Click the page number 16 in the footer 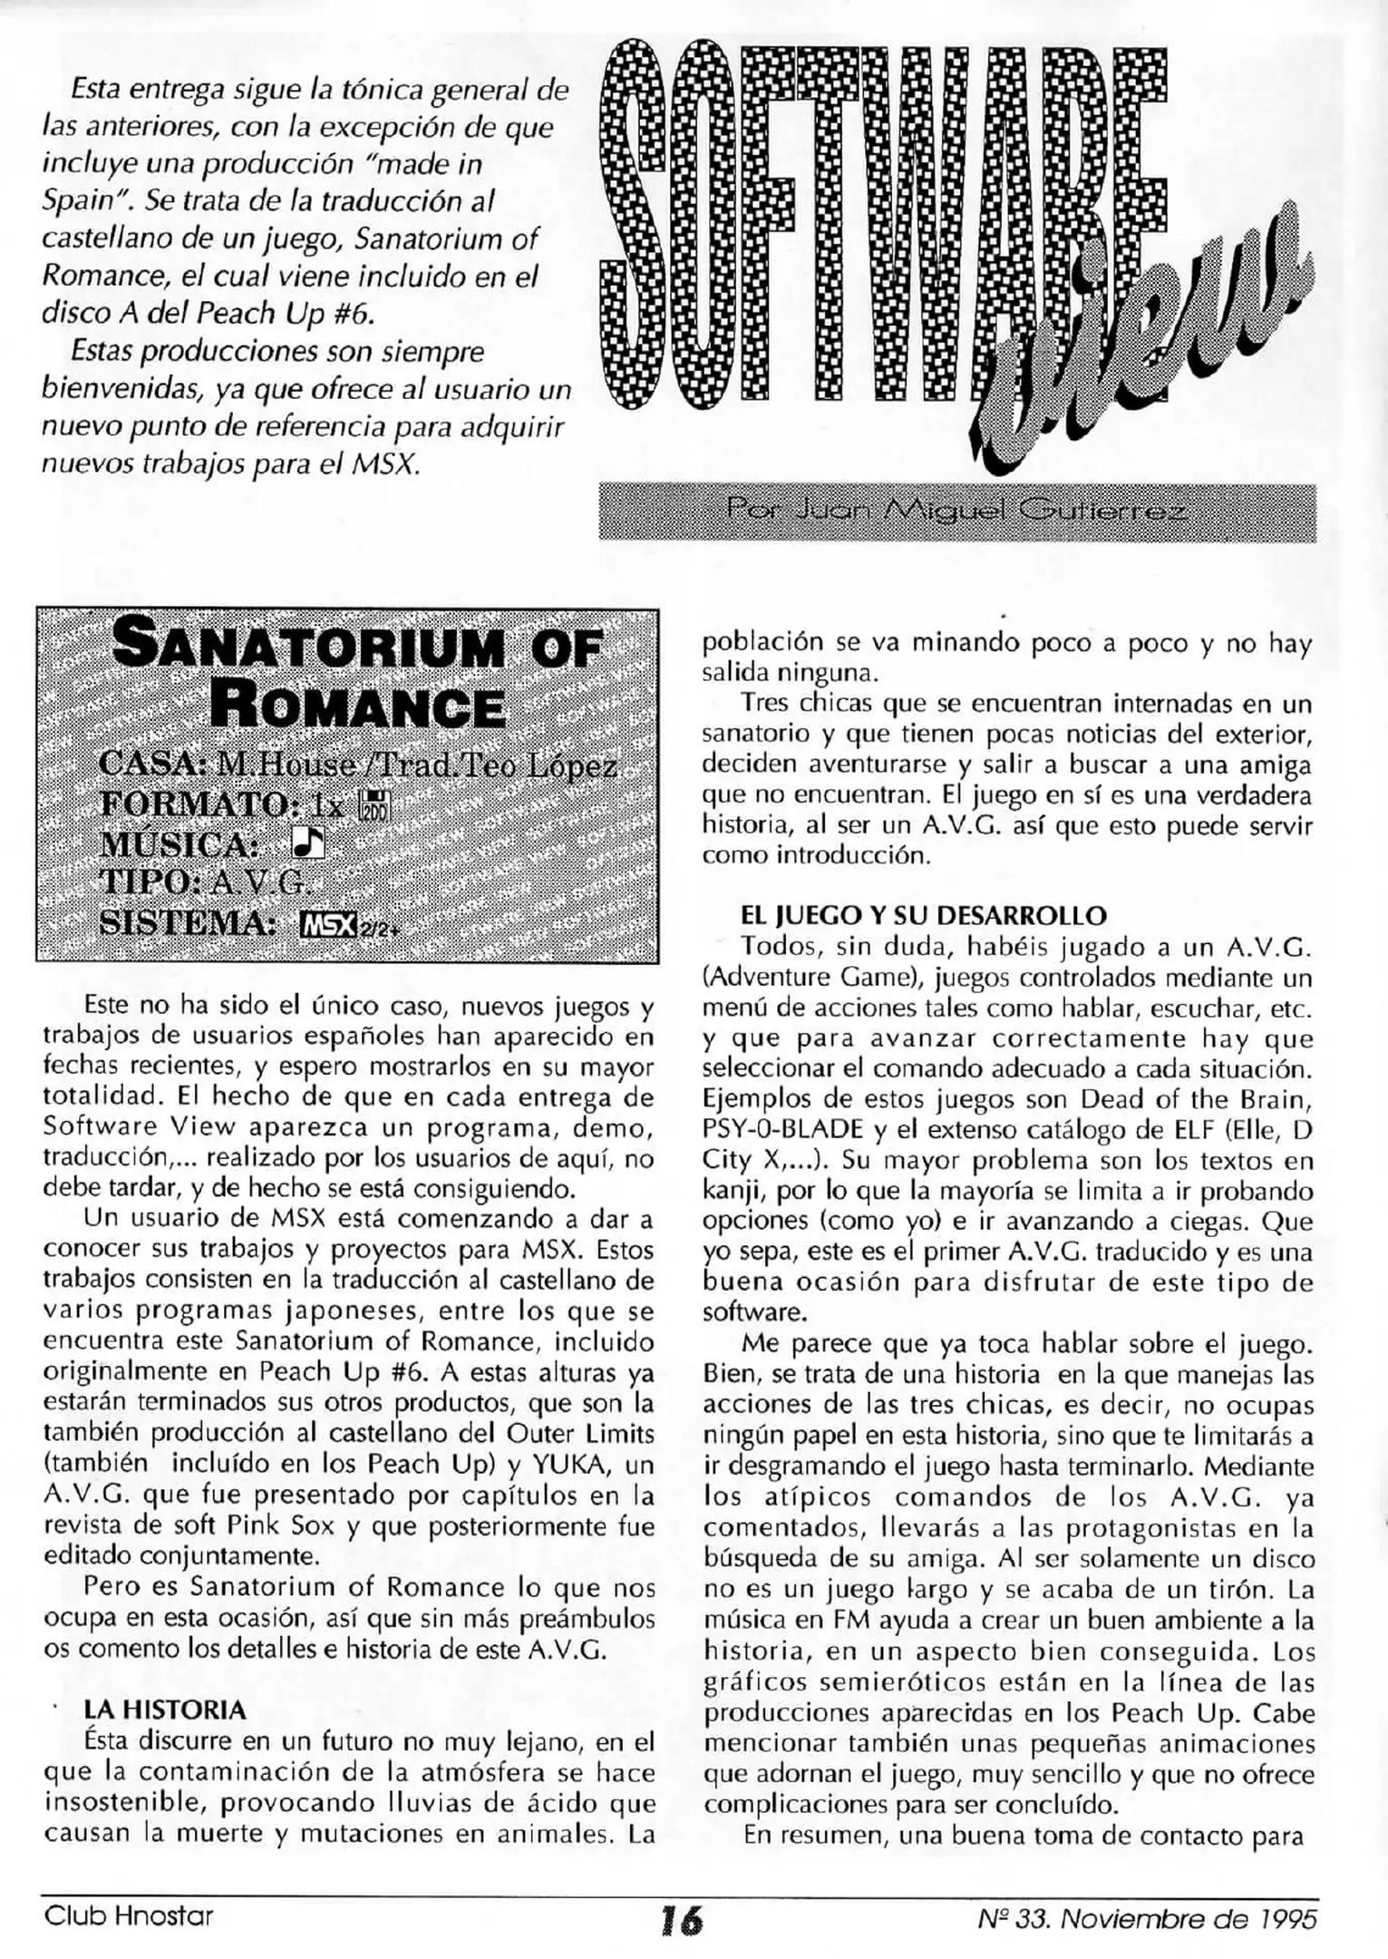(681, 1920)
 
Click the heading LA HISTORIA (164, 1710)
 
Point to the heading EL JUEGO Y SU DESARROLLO (924, 915)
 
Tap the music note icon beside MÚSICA (307, 843)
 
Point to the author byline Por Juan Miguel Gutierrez (956, 512)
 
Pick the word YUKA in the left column (578, 1466)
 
